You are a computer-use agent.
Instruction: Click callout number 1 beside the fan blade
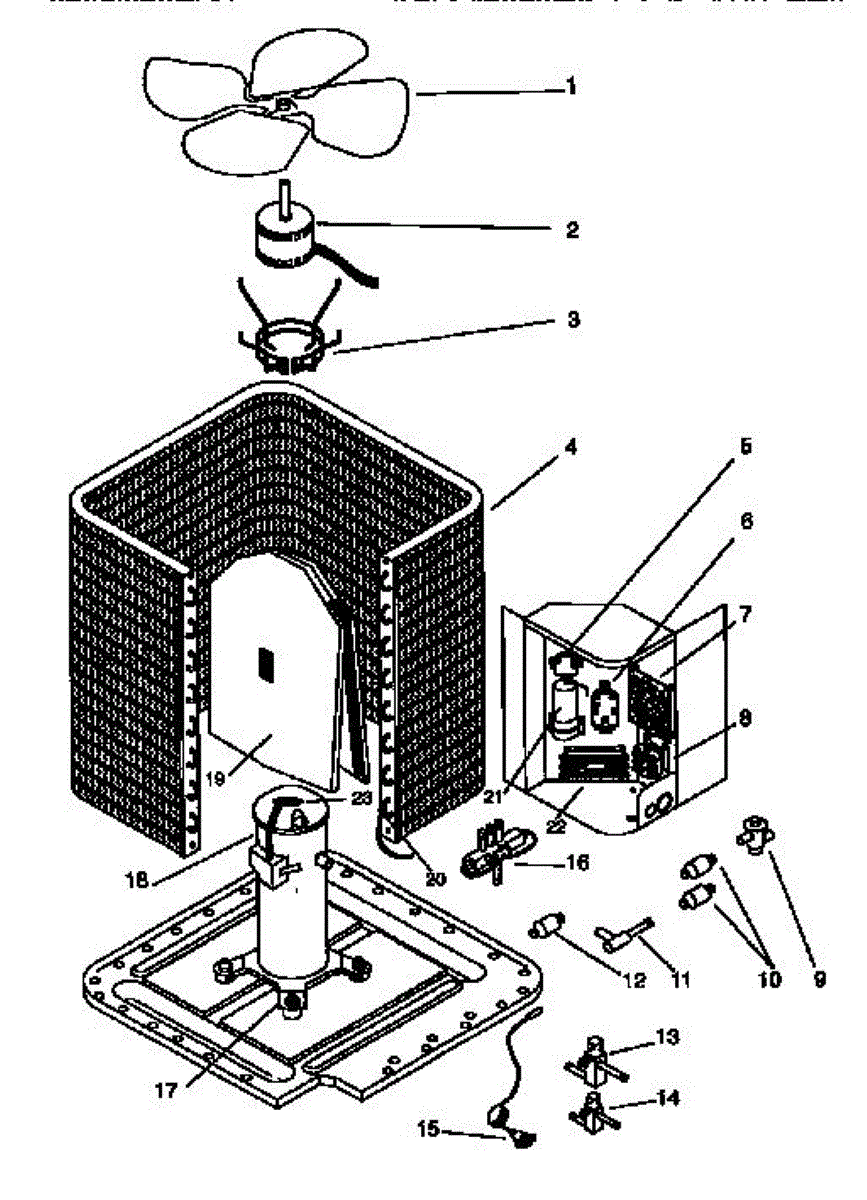click(x=571, y=87)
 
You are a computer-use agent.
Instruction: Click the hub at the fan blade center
click(x=283, y=102)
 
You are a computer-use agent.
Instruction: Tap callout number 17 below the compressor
click(x=168, y=1091)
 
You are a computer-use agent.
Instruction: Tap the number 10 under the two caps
click(x=769, y=980)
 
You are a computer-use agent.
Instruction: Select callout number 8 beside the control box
click(x=745, y=717)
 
